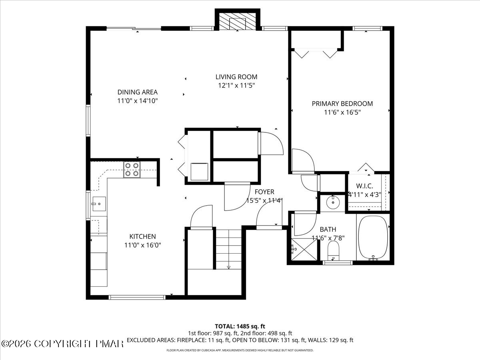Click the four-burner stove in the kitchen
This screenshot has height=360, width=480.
(132, 170)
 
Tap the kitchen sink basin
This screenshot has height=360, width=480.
(99, 204)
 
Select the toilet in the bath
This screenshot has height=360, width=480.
(333, 251)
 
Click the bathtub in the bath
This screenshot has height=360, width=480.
(373, 238)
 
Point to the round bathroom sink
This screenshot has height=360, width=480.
(333, 202)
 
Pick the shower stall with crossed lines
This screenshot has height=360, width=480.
(304, 249)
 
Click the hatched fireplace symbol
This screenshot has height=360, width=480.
(237, 22)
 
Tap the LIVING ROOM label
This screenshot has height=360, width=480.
(236, 77)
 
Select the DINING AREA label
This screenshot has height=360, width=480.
(138, 92)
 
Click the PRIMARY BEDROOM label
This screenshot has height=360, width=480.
(342, 104)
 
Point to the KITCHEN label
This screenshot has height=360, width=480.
(142, 236)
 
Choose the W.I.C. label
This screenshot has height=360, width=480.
(364, 186)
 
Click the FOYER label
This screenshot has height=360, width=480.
(264, 192)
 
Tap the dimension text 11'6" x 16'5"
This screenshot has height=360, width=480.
(342, 112)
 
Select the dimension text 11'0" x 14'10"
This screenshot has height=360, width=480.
(138, 101)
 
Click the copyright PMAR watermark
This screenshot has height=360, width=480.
(62, 344)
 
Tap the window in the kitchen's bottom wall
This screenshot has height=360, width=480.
(137, 297)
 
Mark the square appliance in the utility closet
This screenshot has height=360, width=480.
(199, 172)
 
